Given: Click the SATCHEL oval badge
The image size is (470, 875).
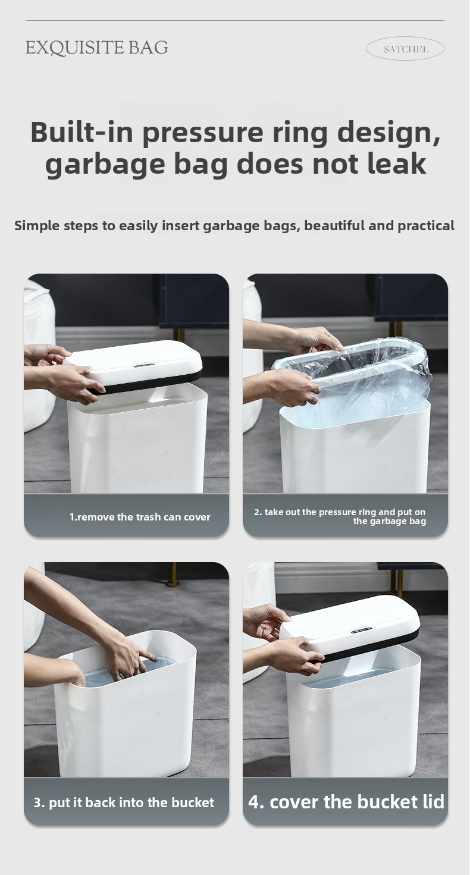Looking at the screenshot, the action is point(405,49).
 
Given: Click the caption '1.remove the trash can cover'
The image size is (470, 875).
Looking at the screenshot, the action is point(140,517).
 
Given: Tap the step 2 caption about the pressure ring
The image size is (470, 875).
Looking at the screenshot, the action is point(340,516).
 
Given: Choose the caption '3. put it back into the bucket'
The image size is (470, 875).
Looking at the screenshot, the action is point(124,802).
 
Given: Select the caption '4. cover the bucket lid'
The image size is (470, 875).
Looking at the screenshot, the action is point(346,802).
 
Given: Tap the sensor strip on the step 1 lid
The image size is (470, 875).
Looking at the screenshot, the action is point(144,365).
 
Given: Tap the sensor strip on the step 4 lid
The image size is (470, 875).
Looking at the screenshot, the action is point(361,630).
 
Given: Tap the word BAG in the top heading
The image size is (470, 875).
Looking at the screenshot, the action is point(149,48).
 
